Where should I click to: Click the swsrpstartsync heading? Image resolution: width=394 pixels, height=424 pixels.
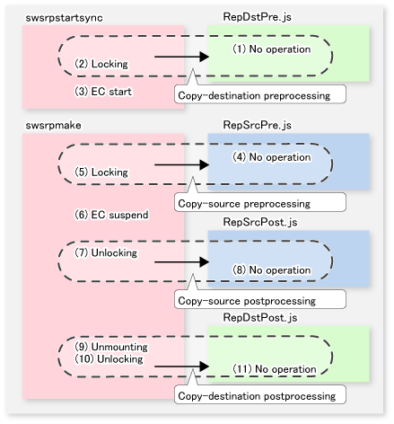(64, 18)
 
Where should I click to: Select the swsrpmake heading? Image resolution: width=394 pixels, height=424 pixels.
(53, 125)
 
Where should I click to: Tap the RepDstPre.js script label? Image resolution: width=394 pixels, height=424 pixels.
(257, 17)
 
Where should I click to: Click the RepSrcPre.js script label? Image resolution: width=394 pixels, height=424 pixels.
(257, 125)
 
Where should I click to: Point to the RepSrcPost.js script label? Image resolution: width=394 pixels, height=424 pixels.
(260, 222)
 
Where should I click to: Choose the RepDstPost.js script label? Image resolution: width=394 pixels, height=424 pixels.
(260, 317)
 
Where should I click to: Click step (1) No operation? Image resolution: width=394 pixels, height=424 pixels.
(272, 49)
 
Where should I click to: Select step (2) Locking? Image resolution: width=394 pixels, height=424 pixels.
(101, 64)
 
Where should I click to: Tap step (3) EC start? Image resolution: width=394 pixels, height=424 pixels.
(103, 92)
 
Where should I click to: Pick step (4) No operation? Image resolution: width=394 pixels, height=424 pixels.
(272, 157)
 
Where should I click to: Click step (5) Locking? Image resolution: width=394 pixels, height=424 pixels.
(101, 172)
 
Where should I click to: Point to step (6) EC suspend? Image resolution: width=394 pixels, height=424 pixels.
(111, 215)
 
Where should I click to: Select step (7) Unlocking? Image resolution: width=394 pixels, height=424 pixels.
(106, 252)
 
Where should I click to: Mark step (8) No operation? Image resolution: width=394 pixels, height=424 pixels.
(272, 270)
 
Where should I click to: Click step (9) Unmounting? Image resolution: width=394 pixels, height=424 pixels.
(111, 347)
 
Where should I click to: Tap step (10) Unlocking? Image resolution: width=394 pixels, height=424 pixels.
(109, 358)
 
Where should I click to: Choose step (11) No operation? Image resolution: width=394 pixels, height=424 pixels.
(275, 369)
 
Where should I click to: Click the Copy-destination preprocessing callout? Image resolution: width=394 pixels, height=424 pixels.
(260, 94)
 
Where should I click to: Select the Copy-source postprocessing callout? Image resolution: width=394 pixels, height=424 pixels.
(260, 299)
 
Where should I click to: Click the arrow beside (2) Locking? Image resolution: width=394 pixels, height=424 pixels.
(181, 57)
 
